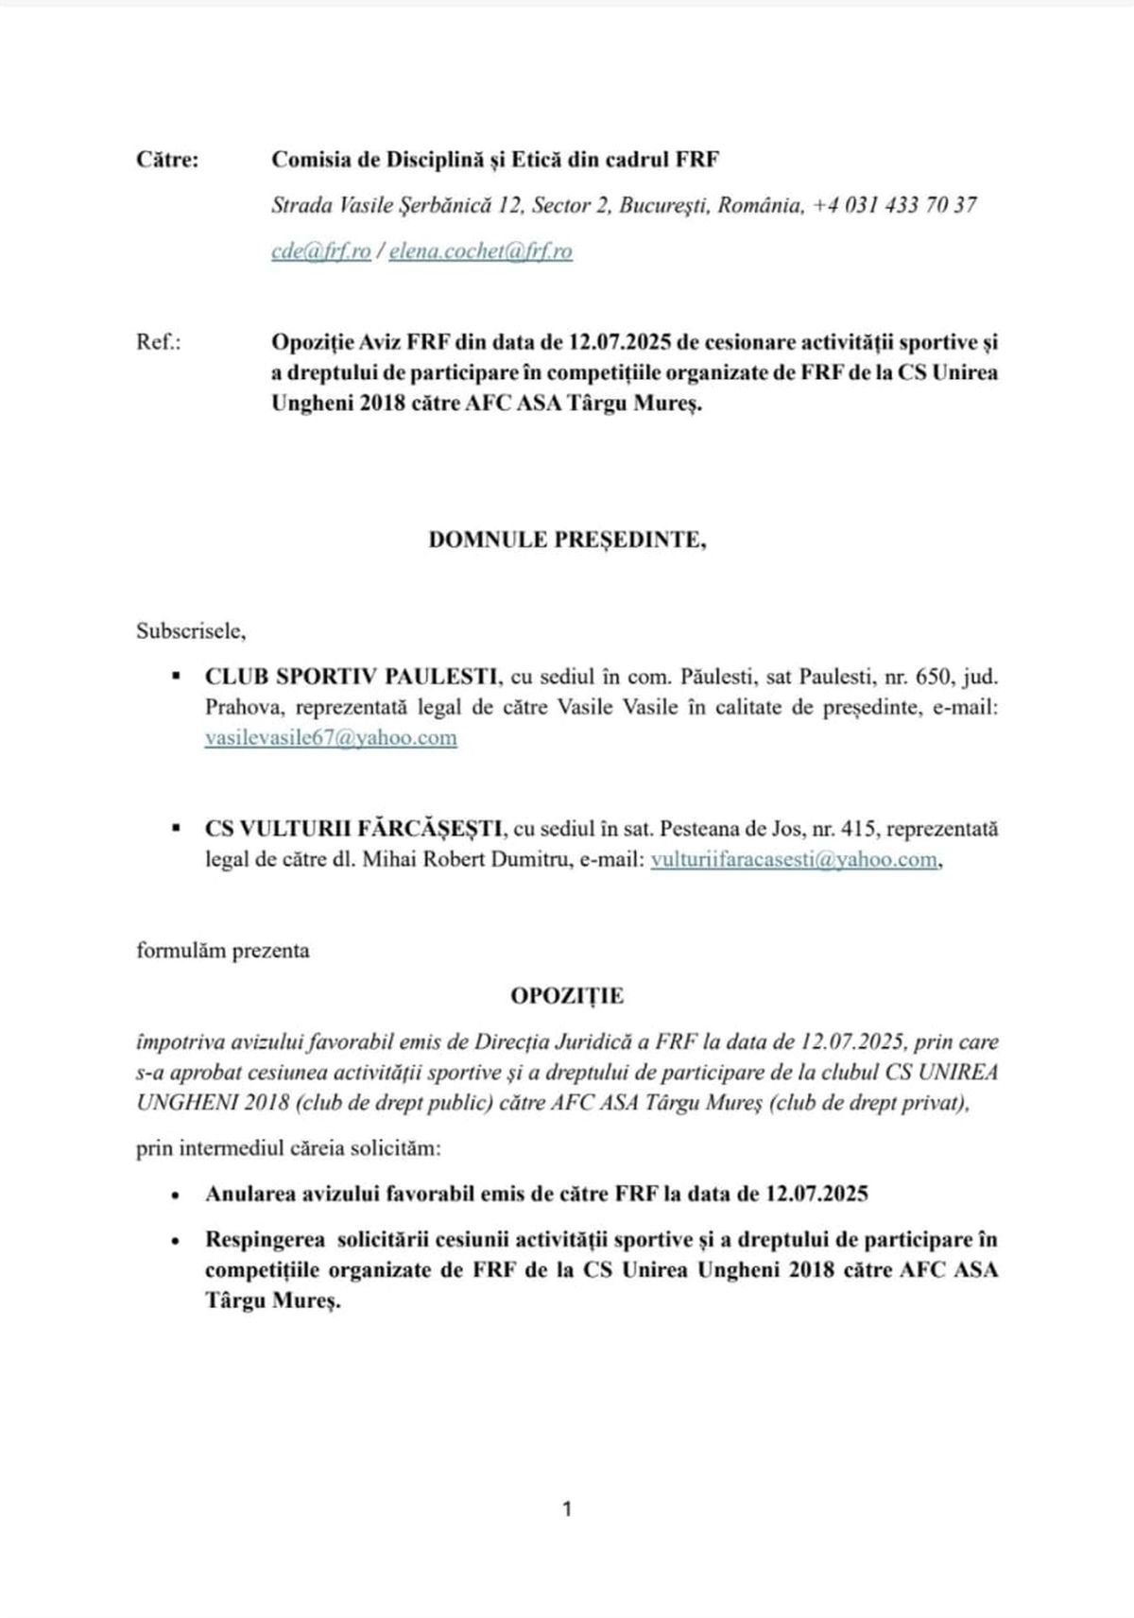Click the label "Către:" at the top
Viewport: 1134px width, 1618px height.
[x=167, y=160]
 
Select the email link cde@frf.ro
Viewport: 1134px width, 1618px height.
[x=320, y=251]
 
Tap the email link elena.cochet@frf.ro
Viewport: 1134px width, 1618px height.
[x=480, y=251]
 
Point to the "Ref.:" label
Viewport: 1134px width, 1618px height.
[x=159, y=342]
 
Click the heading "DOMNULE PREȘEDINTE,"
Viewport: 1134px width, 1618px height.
[x=567, y=540]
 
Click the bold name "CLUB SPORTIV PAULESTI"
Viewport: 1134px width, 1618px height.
[x=352, y=677]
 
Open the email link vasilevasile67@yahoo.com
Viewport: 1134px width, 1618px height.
[x=331, y=737]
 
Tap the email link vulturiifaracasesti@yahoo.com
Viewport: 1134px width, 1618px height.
[x=794, y=859]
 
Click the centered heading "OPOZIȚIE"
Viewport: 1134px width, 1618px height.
[x=567, y=995]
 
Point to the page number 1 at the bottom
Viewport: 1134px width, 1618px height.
[x=567, y=1509]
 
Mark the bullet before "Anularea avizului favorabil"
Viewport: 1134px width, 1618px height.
[x=175, y=1195]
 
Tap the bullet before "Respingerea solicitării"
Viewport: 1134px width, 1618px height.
[x=175, y=1240]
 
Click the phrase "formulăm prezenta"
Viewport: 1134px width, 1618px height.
[x=223, y=950]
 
